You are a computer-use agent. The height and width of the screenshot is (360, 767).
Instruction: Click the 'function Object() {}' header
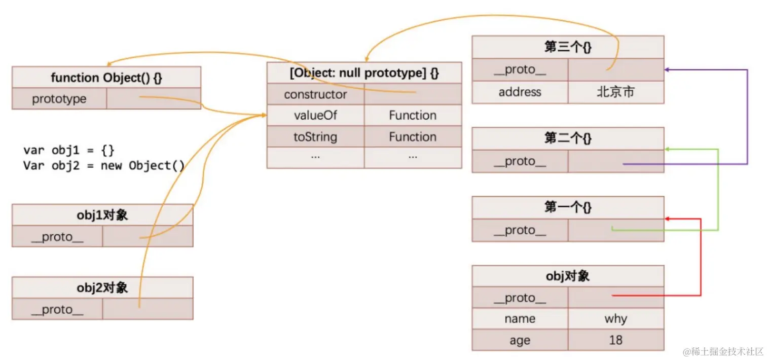coord(106,78)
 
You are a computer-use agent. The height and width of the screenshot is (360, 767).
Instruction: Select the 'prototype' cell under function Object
coord(59,99)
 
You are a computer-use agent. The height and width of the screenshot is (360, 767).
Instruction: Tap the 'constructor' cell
coord(315,94)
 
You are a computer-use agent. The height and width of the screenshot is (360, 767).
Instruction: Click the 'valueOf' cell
coord(315,116)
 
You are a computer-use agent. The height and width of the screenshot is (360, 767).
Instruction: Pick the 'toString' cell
coord(315,137)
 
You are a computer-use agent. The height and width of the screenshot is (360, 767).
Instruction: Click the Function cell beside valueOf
coord(413,116)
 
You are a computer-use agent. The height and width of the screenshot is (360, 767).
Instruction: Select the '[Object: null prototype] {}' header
coord(364,73)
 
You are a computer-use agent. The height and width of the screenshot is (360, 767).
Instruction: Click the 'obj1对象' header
coord(102,215)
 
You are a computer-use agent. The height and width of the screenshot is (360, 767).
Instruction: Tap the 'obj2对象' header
coord(102,287)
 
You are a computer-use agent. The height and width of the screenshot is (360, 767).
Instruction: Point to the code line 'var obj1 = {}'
coord(69,151)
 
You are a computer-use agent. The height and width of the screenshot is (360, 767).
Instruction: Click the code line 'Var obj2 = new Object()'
coord(104,166)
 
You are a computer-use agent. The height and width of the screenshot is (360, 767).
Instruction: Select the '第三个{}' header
coord(568,47)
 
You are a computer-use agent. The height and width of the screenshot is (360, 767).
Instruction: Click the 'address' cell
coord(520,92)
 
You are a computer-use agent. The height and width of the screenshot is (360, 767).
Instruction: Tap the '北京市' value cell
coord(615,92)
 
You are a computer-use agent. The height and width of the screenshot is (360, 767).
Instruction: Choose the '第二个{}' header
coord(568,138)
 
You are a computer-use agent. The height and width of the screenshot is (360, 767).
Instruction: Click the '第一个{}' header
coord(568,207)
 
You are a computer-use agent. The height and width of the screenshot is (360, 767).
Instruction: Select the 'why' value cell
coord(615,319)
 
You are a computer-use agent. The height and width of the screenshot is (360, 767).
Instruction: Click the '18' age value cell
coord(615,340)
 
